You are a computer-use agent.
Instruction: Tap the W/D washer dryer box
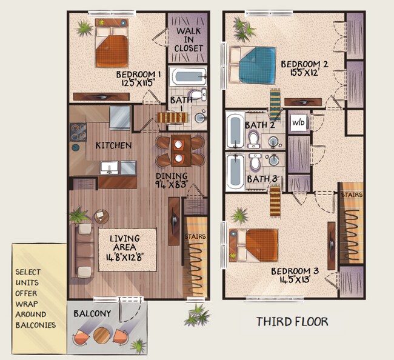click(299, 122)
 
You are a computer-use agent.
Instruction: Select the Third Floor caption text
click(292, 321)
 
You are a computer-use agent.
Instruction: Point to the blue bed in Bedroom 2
click(257, 67)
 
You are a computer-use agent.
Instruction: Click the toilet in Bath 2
click(254, 140)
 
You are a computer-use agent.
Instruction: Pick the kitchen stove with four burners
click(78, 132)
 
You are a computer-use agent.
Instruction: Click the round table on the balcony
click(102, 335)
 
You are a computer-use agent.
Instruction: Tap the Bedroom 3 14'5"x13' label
click(292, 275)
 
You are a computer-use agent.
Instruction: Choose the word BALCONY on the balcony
click(92, 314)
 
